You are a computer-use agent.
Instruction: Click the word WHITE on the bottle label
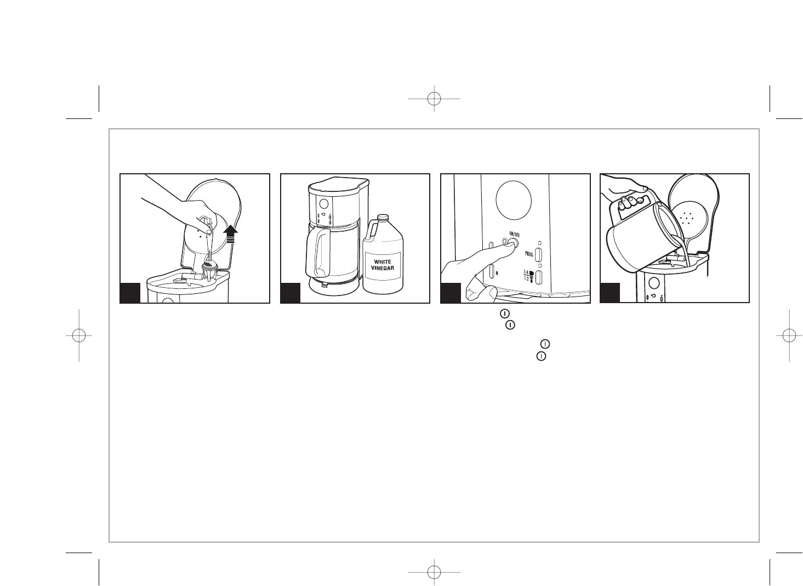point(383,261)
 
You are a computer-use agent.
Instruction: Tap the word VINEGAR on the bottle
point(383,268)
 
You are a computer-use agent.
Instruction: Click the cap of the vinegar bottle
point(383,217)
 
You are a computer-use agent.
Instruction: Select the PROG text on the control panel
point(529,254)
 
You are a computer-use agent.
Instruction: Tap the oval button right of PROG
point(538,254)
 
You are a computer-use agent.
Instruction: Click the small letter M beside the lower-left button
point(497,273)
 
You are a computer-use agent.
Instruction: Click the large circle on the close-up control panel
point(514,199)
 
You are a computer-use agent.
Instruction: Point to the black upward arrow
point(230,234)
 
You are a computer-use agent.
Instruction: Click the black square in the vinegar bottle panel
point(290,293)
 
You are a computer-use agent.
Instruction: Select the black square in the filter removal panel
point(130,293)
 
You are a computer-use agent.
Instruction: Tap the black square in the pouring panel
point(610,293)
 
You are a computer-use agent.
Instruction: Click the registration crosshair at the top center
point(434,99)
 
